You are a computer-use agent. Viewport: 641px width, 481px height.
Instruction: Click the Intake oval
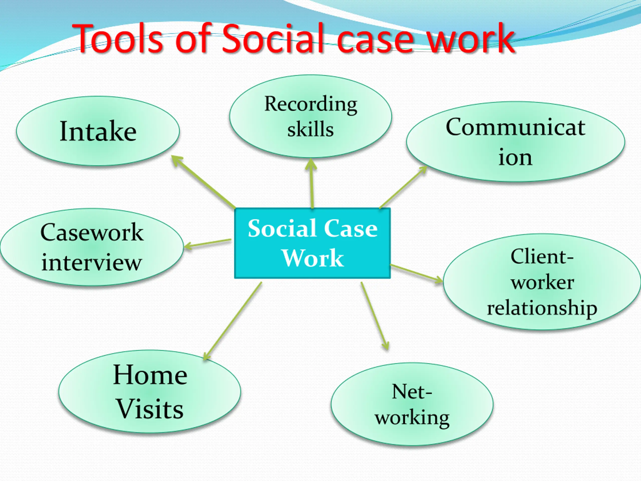pos(98,131)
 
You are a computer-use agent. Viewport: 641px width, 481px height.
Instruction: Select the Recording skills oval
pos(310,116)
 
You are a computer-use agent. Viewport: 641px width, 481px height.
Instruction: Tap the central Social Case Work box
pos(312,243)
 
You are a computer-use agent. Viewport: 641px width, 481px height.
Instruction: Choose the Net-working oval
pos(412,404)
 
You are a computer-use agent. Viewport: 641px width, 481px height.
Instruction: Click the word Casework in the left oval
pos(92,232)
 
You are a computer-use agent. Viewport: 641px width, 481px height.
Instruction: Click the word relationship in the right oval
pos(542,308)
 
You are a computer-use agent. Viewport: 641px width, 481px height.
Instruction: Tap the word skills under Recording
pos(310,129)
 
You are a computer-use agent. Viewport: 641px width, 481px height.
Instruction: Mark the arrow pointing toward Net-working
pos(374,316)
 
